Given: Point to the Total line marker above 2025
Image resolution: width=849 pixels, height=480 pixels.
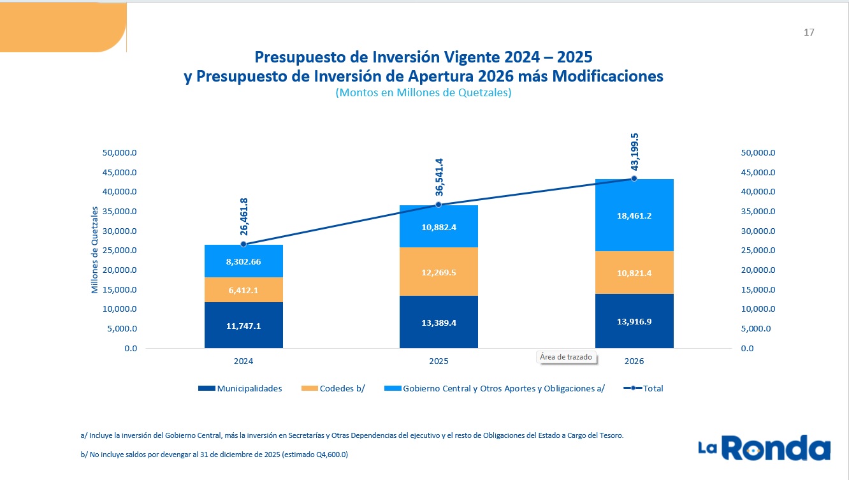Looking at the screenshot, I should (x=439, y=205).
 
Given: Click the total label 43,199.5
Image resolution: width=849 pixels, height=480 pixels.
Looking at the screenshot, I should (x=634, y=152).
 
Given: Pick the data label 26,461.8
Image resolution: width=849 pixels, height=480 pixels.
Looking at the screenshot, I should (x=243, y=218).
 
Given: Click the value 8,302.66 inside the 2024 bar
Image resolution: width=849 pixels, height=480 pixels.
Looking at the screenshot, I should (x=243, y=261).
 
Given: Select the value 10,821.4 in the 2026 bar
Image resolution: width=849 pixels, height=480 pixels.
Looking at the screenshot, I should (x=634, y=273).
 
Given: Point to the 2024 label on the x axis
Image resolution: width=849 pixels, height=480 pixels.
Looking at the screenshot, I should (x=243, y=361).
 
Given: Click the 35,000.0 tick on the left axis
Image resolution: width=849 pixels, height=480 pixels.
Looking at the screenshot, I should (x=120, y=212).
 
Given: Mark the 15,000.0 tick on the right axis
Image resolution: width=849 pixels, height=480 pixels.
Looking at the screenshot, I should (x=758, y=290).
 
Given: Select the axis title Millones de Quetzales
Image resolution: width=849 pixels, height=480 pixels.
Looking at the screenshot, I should (x=95, y=250).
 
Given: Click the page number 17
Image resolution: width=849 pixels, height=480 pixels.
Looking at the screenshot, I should (x=809, y=33).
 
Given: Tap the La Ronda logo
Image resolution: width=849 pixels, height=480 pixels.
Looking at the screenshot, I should (x=764, y=448).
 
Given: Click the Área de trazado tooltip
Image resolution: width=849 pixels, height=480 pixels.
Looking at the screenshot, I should (x=566, y=357).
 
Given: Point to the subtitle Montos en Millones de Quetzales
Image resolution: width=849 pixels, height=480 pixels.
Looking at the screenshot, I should (x=424, y=92).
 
